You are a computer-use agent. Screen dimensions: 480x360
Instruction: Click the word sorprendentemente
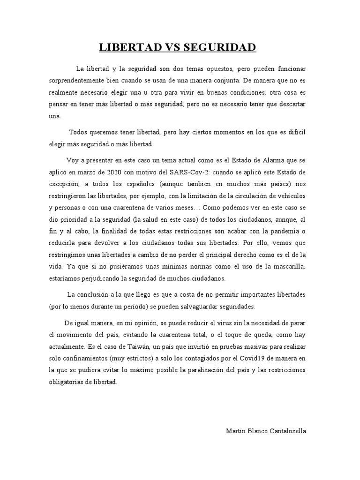(x=81, y=81)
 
